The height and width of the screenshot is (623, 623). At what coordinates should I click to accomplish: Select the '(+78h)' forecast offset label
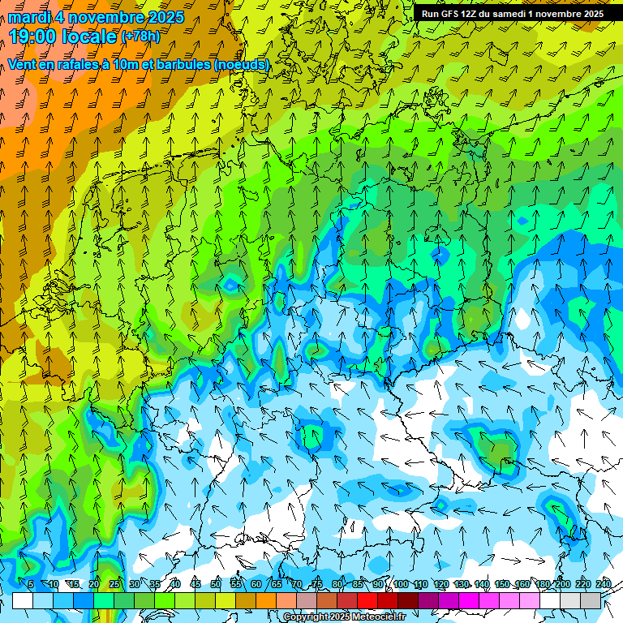tap(140, 37)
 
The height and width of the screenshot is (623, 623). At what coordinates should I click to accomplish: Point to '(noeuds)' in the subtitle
tap(241, 64)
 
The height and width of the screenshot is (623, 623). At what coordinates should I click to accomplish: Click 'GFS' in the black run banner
tap(450, 14)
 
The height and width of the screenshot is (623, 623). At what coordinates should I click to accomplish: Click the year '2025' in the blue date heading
tap(162, 17)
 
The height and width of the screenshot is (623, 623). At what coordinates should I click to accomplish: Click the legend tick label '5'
tap(31, 584)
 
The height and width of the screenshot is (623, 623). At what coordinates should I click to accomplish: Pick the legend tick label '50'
tap(216, 584)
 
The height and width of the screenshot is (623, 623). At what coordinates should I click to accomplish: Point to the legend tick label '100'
tap(400, 584)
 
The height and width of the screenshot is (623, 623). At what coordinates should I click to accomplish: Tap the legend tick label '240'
tap(603, 584)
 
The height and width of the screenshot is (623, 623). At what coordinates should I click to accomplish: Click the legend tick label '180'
tap(543, 584)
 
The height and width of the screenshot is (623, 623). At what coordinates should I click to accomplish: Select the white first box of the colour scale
tap(23, 600)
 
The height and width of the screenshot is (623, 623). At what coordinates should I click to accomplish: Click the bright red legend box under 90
tap(367, 600)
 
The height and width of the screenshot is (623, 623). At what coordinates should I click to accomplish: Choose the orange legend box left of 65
tap(266, 600)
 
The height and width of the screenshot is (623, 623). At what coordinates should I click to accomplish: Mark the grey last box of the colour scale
tap(591, 600)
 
